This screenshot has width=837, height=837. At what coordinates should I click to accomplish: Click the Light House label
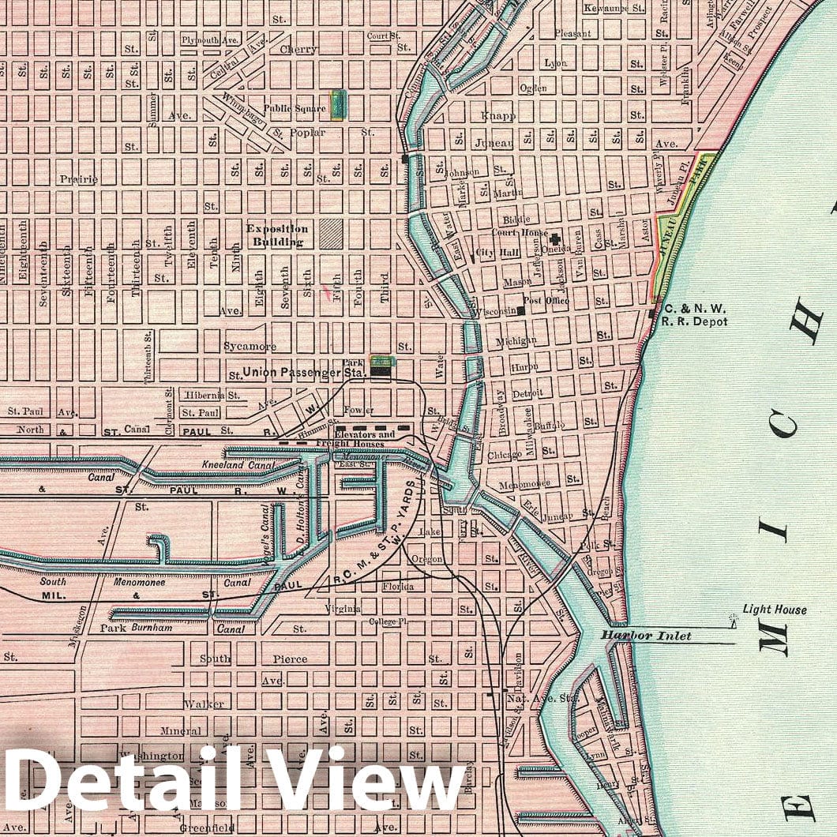(x=775, y=610)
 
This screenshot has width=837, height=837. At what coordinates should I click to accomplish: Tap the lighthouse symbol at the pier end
(x=733, y=623)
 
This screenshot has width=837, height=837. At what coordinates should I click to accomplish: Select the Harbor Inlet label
(x=645, y=636)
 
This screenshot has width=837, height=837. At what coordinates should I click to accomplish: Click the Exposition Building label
(x=277, y=235)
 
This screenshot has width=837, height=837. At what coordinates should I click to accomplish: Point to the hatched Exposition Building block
(x=331, y=234)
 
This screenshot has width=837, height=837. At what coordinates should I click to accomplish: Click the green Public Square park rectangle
(x=338, y=104)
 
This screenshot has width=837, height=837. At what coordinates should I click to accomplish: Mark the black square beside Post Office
(x=522, y=310)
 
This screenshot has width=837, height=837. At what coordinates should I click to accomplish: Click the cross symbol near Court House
(x=555, y=238)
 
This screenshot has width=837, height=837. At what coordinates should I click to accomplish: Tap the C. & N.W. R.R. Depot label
(x=695, y=316)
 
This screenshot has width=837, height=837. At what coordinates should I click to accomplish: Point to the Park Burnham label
(x=136, y=629)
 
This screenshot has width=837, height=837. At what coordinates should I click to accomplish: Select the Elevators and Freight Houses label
(x=365, y=439)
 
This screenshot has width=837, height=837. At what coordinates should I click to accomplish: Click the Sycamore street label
(x=250, y=346)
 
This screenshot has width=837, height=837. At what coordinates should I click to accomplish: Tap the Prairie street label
(x=79, y=179)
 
